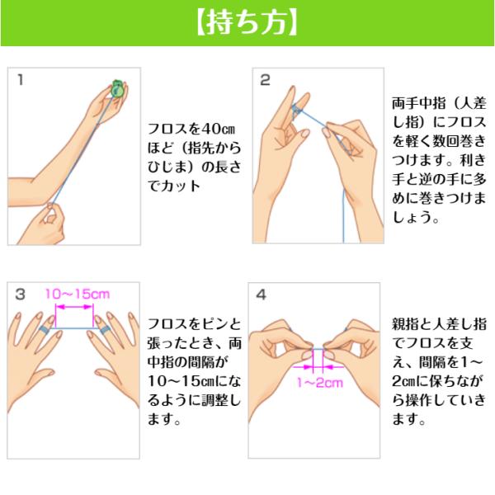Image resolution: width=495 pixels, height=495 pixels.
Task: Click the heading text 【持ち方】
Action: (x=247, y=23)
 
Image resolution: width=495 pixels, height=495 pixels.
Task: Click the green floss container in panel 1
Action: (x=118, y=88)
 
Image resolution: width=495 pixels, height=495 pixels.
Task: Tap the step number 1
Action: (x=21, y=79)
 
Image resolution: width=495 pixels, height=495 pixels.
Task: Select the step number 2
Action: (x=265, y=80)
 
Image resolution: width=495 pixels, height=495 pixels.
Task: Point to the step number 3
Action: (x=20, y=295)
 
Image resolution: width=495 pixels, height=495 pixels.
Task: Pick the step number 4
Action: (x=262, y=295)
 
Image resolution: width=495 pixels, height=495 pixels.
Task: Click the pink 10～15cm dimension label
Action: (x=78, y=294)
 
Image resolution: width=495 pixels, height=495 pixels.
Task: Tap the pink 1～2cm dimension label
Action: (x=320, y=383)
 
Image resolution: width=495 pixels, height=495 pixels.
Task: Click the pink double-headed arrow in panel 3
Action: (x=74, y=307)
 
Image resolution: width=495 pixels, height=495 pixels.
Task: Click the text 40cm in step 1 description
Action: (x=218, y=129)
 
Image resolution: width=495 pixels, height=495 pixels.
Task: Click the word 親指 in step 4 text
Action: (x=405, y=324)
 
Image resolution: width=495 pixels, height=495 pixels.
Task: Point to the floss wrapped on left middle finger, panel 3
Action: (x=45, y=330)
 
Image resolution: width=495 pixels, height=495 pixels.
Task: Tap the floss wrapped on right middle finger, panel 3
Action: (x=104, y=330)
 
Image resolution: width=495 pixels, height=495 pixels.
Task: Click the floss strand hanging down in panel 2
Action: (x=344, y=216)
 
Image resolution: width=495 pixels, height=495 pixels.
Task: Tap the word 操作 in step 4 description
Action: (x=419, y=400)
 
